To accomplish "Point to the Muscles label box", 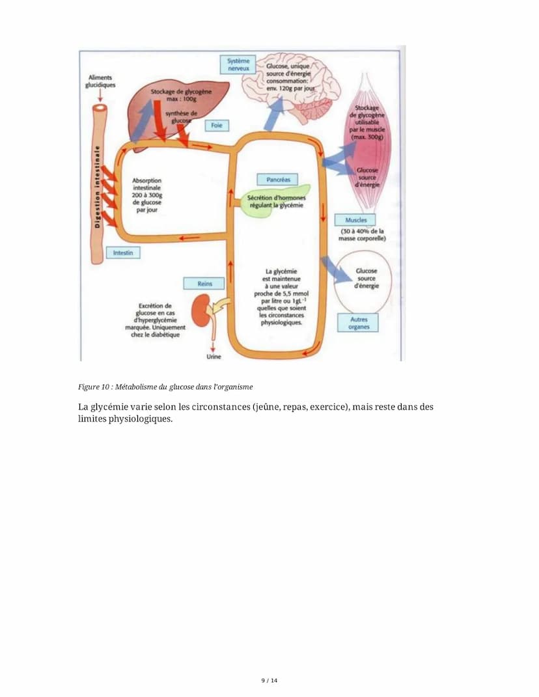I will [355, 220].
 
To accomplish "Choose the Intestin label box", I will [122, 252].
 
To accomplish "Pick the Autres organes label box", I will [358, 323].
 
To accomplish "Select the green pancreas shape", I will [277, 200].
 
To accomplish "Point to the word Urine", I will [214, 357].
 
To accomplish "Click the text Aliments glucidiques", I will [100, 81].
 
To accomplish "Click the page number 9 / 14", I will [269, 681].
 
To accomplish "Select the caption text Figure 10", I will [92, 387].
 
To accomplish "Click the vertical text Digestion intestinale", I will [98, 187].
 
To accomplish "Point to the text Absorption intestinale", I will [146, 185].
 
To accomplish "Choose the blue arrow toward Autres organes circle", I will [336, 269].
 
